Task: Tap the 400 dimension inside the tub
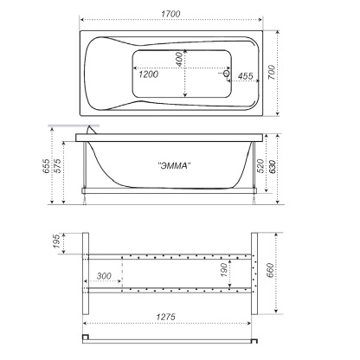pyautogui.click(x=178, y=60)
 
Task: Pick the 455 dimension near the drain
pyautogui.click(x=246, y=77)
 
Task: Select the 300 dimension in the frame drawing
pyautogui.click(x=106, y=275)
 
